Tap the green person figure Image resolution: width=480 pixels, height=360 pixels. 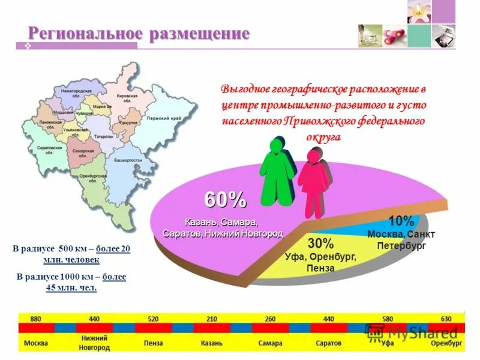(x=277, y=174)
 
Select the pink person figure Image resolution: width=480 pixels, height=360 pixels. (x=314, y=180)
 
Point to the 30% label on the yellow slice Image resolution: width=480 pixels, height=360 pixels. (x=320, y=244)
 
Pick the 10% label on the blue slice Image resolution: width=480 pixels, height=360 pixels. (x=401, y=221)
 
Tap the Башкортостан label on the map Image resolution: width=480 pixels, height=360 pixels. (x=128, y=161)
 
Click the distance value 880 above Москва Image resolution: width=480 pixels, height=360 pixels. (x=35, y=319)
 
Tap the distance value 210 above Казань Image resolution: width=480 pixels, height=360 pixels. (x=211, y=319)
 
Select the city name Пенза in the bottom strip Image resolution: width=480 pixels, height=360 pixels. (x=153, y=343)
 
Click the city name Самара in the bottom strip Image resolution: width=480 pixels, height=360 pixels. (x=270, y=343)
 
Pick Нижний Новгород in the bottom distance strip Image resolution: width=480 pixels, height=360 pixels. (x=94, y=343)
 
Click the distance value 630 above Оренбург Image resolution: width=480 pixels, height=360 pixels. (x=446, y=319)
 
